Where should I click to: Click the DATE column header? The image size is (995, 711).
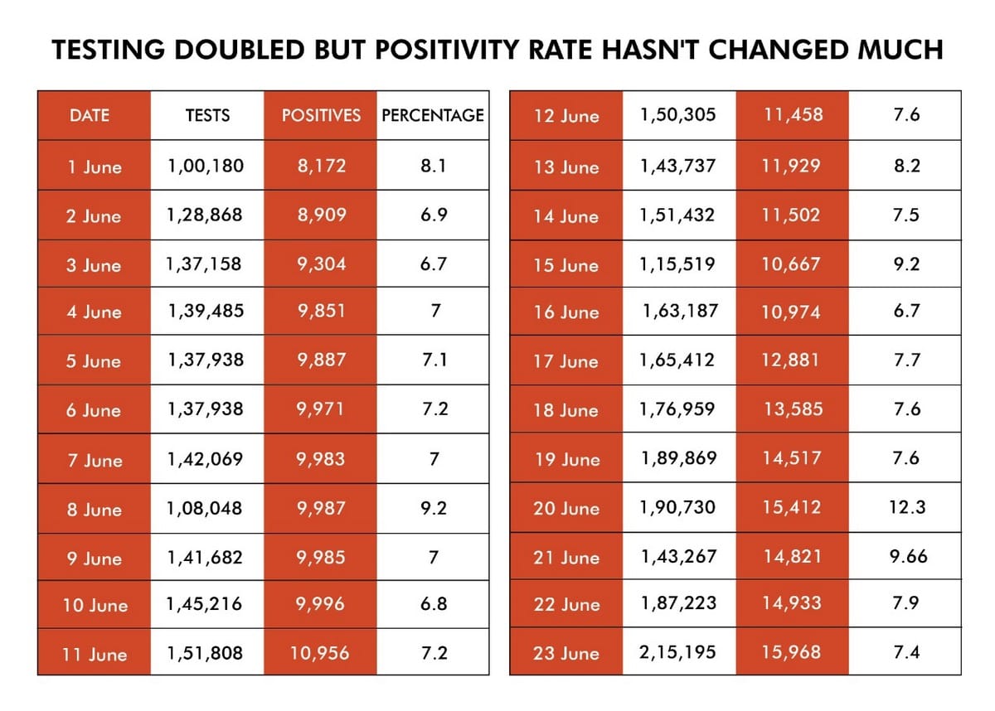click(90, 115)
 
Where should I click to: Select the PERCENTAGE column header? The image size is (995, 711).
click(432, 115)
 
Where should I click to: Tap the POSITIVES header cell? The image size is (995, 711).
click(321, 115)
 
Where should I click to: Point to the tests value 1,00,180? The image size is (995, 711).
click(206, 166)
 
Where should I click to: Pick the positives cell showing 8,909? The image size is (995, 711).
click(321, 215)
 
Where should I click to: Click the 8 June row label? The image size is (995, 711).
click(94, 510)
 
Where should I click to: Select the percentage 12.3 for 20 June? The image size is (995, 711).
click(906, 507)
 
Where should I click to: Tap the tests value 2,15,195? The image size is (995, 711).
click(677, 652)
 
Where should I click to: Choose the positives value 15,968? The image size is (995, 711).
click(792, 652)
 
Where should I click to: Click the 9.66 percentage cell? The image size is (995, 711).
click(907, 557)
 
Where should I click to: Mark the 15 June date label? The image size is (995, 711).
click(566, 265)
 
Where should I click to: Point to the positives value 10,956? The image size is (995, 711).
click(320, 653)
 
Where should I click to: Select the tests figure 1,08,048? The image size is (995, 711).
click(206, 509)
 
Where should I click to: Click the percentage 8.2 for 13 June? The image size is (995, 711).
click(906, 166)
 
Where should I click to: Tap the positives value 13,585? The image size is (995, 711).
click(792, 409)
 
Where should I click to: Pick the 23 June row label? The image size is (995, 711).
click(566, 653)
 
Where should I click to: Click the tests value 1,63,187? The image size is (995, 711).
click(680, 312)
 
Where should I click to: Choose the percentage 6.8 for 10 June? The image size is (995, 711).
click(433, 604)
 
